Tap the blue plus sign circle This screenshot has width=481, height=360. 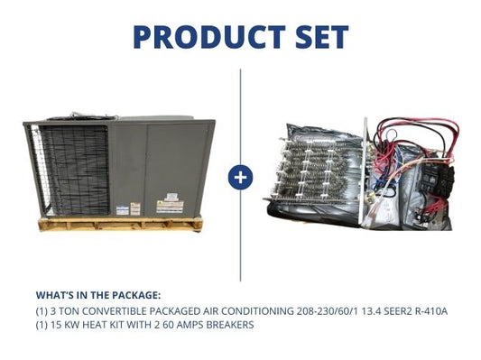(241, 177)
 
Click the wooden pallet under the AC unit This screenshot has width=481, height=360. (117, 223)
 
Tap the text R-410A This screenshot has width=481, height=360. (428, 311)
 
